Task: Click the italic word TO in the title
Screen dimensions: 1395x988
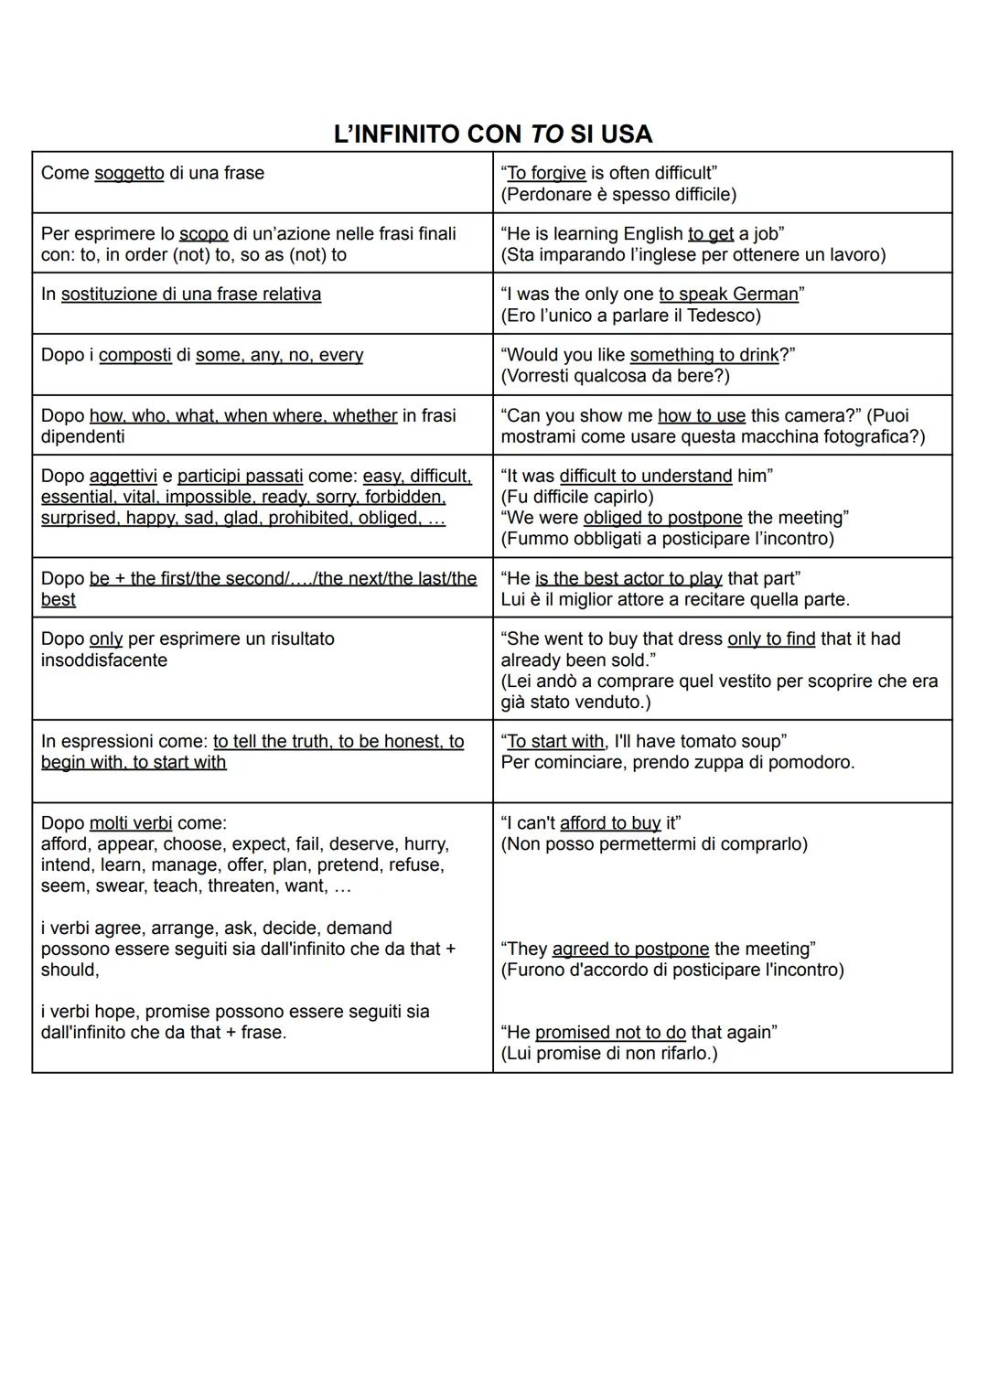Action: tap(546, 134)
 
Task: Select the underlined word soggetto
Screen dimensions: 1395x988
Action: tap(129, 173)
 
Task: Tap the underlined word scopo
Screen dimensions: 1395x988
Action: tap(203, 233)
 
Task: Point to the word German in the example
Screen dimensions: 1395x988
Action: tap(765, 294)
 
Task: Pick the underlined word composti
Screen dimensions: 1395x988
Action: tap(134, 355)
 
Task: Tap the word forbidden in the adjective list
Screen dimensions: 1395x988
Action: tap(404, 497)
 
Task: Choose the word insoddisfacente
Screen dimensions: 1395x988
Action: tap(104, 660)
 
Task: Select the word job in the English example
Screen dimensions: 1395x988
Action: tap(765, 233)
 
